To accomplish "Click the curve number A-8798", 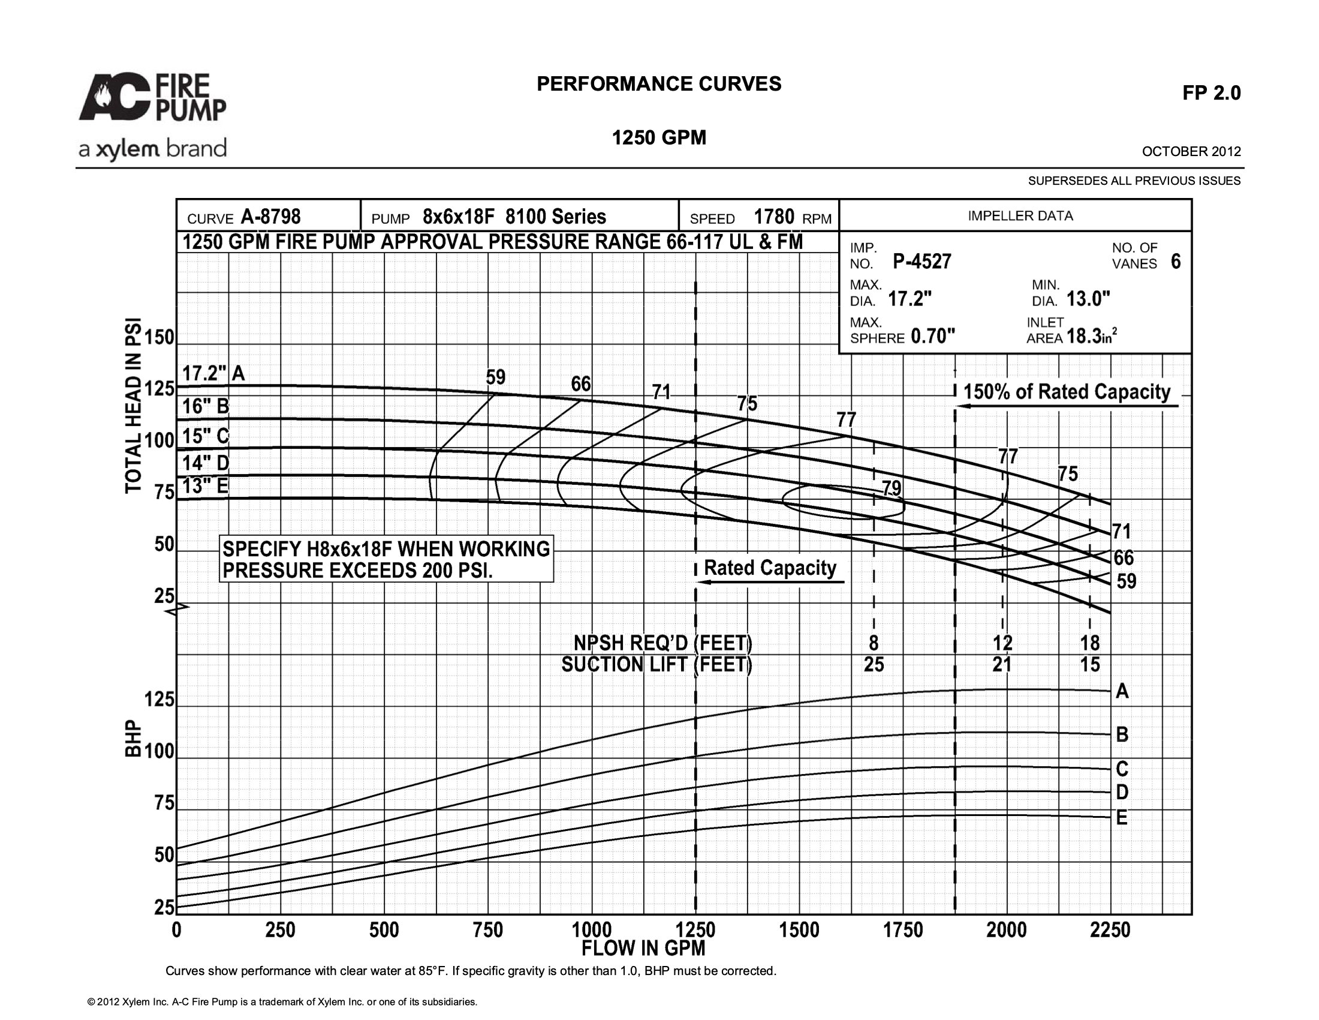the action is coord(270,217).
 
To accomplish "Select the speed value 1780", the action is coord(773,217).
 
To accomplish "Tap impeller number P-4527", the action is coord(922,262).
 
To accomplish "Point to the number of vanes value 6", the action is coord(1175,262).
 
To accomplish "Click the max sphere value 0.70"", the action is coord(933,335).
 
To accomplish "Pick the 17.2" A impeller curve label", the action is coord(214,373).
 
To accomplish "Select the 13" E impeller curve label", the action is coord(205,486).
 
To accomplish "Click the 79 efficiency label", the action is coord(892,488).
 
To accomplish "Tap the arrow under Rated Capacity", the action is coord(770,583).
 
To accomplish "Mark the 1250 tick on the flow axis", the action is coord(695,930).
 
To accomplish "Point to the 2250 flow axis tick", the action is coord(1110,930).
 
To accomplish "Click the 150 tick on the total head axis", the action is coord(159,337).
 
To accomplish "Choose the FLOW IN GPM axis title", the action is coord(643,948).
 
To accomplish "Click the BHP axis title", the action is coord(134,739).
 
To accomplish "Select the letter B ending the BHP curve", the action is coord(1122,734).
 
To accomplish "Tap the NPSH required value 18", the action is coord(1090,643).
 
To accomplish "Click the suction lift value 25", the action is coord(874,665).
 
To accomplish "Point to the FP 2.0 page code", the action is coord(1212,92).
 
